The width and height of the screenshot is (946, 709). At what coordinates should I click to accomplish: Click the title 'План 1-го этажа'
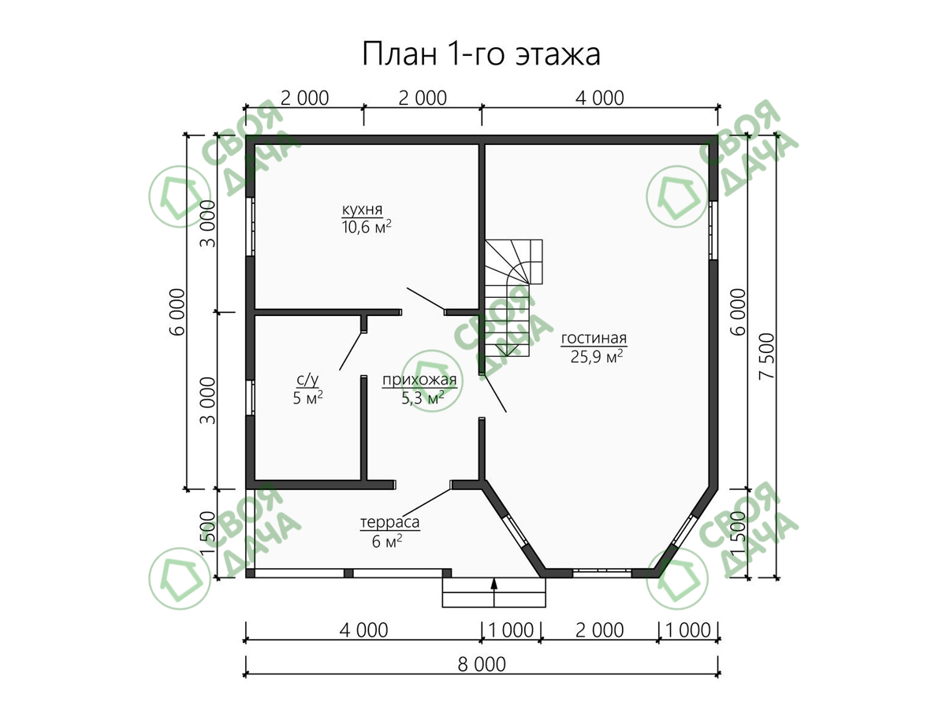pyautogui.click(x=481, y=54)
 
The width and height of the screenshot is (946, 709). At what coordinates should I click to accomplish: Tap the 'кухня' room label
pyautogui.click(x=362, y=210)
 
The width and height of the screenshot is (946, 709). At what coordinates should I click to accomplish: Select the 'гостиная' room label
pyautogui.click(x=594, y=339)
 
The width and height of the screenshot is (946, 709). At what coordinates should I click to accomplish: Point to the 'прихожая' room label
pyautogui.click(x=419, y=380)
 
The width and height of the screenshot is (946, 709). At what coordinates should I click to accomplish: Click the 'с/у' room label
pyautogui.click(x=307, y=380)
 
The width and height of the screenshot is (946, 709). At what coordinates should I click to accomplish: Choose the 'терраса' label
pyautogui.click(x=389, y=522)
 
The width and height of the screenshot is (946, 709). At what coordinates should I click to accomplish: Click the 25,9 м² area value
pyautogui.click(x=597, y=356)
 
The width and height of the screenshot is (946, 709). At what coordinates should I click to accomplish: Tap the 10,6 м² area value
pyautogui.click(x=367, y=227)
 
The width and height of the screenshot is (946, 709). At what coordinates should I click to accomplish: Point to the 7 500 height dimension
pyautogui.click(x=768, y=356)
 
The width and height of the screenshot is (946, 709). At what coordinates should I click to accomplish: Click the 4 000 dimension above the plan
pyautogui.click(x=599, y=98)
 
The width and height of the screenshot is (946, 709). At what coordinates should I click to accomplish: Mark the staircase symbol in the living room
pyautogui.click(x=513, y=298)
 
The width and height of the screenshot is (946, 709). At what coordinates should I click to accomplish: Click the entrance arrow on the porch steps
pyautogui.click(x=494, y=592)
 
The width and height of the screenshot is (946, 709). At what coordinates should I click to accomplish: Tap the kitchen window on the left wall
pyautogui.click(x=250, y=227)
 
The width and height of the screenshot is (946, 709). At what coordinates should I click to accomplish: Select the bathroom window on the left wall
pyautogui.click(x=250, y=397)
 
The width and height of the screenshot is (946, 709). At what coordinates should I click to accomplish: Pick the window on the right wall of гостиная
pyautogui.click(x=713, y=230)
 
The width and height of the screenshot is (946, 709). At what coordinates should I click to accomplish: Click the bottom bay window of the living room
pyautogui.click(x=602, y=573)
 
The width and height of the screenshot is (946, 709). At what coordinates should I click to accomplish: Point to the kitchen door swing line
pyautogui.click(x=426, y=299)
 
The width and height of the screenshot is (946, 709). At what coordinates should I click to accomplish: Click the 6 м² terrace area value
pyautogui.click(x=386, y=540)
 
